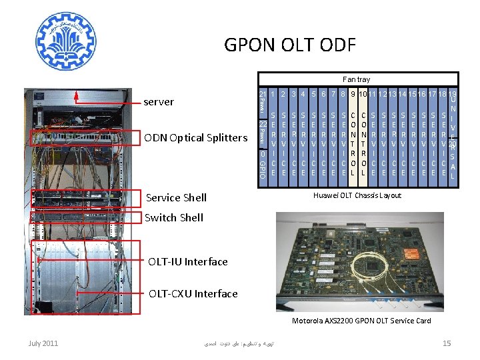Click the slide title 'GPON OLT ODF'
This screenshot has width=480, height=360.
[290, 45]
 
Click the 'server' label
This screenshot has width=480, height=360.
[159, 102]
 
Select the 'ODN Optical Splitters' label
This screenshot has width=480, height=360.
[195, 138]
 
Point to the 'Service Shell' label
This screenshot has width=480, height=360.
[176, 197]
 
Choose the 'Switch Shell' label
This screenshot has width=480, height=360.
[174, 217]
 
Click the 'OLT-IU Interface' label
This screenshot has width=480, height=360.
[188, 261]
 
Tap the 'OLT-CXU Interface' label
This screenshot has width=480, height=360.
[193, 293]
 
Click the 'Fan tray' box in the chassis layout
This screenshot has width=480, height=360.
[356, 79]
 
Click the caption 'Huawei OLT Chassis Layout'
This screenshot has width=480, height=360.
[357, 195]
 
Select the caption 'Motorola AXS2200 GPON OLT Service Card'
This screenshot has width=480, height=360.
[361, 321]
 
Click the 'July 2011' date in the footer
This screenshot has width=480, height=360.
[43, 343]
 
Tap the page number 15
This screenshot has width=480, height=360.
[447, 343]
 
